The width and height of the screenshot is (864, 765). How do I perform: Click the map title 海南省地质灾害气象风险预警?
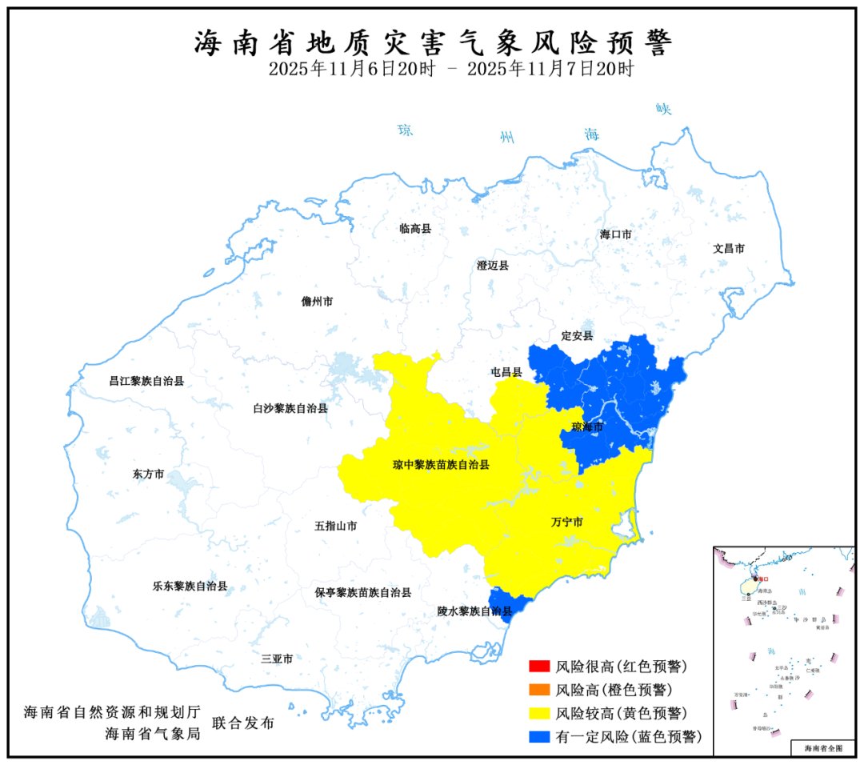[432, 42]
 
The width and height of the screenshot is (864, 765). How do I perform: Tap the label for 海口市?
[616, 234]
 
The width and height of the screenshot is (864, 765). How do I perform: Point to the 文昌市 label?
[729, 249]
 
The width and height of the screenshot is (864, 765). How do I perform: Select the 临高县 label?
[415, 229]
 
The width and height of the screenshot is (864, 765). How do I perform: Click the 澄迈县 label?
[493, 266]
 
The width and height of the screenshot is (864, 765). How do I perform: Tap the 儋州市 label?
[317, 302]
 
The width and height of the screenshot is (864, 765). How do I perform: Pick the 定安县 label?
[577, 335]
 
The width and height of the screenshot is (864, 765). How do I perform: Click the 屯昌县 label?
[506, 372]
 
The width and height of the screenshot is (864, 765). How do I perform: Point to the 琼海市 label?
[587, 428]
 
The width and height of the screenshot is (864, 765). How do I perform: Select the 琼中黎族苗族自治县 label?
[441, 464]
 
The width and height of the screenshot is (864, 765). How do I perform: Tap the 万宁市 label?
[566, 523]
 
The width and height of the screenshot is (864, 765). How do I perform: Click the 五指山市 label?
[335, 527]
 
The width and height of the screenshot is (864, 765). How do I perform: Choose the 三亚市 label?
[277, 659]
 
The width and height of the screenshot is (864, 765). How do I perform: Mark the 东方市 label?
[148, 475]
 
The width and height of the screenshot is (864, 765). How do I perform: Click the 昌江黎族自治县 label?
[146, 381]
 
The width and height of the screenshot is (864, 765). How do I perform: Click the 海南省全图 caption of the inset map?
[823, 748]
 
